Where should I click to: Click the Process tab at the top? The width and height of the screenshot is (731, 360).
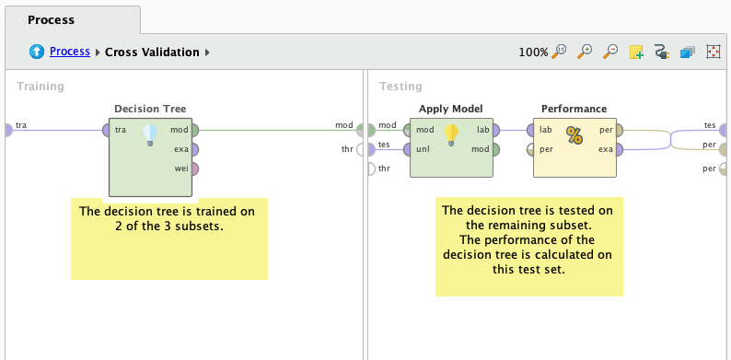click(x=51, y=19)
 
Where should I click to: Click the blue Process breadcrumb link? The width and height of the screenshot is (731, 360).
click(x=69, y=52)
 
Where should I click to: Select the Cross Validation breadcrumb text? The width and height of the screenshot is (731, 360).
click(x=152, y=52)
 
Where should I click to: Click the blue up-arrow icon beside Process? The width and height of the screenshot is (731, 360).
click(x=37, y=52)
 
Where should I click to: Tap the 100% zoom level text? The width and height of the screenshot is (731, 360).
click(x=533, y=52)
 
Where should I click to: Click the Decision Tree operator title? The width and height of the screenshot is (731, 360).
click(x=150, y=109)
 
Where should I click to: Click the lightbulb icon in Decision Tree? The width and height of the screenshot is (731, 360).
click(x=150, y=136)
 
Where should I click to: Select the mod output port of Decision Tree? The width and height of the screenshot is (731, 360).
click(x=194, y=131)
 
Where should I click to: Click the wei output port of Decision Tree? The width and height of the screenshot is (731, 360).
click(x=194, y=168)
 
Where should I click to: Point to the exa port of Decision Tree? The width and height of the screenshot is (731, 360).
click(x=194, y=149)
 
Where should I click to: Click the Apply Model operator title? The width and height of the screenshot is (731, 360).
click(x=450, y=109)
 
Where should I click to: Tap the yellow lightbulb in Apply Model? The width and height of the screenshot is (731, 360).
click(x=451, y=135)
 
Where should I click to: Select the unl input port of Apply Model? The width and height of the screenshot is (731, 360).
click(x=410, y=149)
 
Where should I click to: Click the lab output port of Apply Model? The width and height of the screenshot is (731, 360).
click(x=494, y=131)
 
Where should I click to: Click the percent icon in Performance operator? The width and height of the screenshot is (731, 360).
click(x=574, y=136)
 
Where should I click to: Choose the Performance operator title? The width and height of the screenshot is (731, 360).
click(x=574, y=109)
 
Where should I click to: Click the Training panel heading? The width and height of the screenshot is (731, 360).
click(x=41, y=87)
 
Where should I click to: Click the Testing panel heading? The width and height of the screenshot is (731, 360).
click(x=400, y=87)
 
